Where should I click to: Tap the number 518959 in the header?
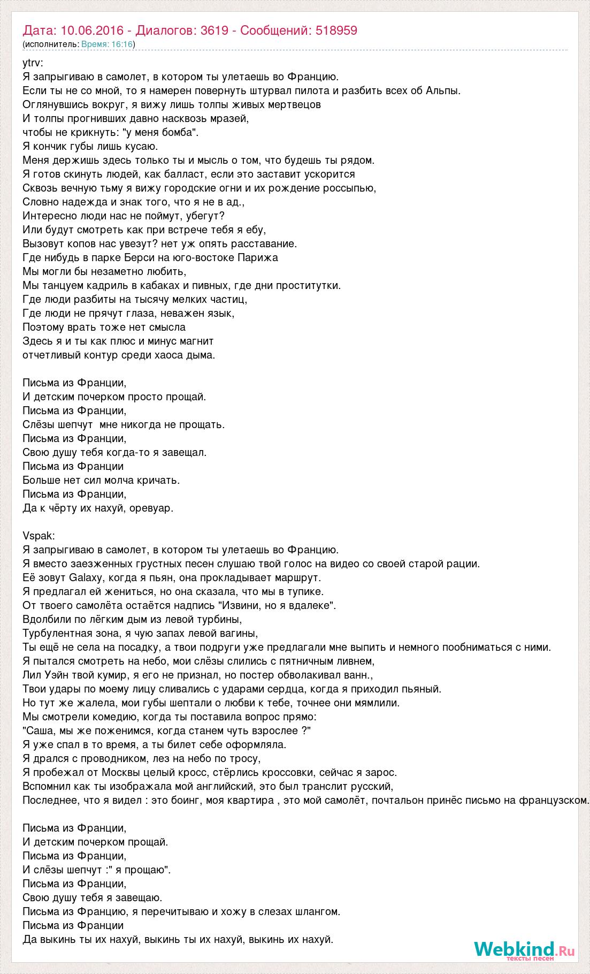(x=336, y=31)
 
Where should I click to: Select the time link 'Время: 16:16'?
(x=106, y=44)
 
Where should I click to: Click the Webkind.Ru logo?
(x=524, y=949)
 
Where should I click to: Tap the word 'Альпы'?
(x=442, y=90)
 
